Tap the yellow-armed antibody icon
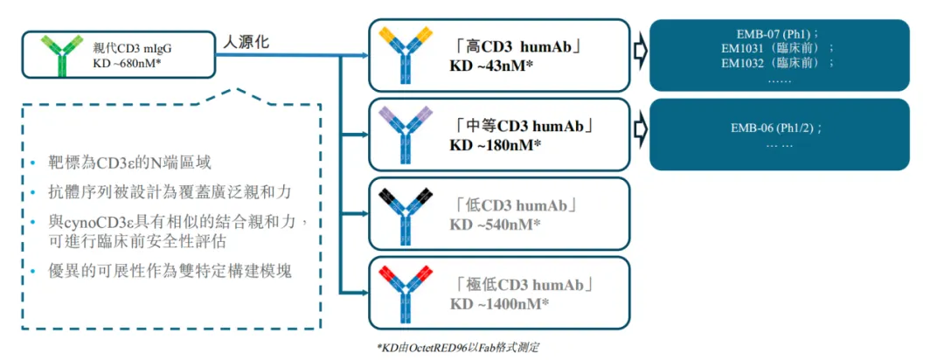click(x=404, y=55)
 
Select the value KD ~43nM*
click(x=491, y=66)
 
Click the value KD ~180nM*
click(x=496, y=144)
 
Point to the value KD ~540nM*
click(x=495, y=225)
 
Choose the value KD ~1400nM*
click(x=499, y=303)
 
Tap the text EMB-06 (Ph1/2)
click(x=778, y=128)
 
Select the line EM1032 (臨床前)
click(x=778, y=63)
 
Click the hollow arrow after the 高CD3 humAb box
click(x=640, y=52)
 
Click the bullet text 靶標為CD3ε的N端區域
click(x=130, y=163)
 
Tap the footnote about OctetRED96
click(x=458, y=348)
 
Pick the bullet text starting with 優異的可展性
click(x=170, y=271)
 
